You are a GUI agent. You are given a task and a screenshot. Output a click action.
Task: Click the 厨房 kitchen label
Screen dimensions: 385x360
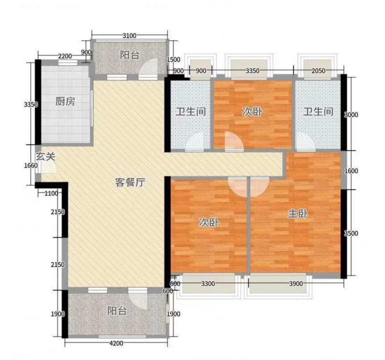coord(65,101)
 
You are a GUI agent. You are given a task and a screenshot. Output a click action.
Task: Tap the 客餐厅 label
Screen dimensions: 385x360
coord(130,182)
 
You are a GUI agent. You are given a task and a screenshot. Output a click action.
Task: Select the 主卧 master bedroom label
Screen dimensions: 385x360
coord(298,214)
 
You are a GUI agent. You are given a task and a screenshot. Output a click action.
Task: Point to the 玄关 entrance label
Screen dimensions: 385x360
coord(45,156)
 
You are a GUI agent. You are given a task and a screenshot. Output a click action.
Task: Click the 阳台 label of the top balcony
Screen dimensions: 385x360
coord(130,55)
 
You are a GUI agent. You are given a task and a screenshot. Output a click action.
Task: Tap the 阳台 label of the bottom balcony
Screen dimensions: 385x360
coord(117,311)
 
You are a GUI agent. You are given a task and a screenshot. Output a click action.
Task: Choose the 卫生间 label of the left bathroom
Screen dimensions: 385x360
coord(191,112)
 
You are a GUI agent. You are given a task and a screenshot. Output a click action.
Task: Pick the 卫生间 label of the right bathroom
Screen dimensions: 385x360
coord(318,112)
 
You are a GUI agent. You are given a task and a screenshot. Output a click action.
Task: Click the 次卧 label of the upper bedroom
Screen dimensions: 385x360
coord(252,112)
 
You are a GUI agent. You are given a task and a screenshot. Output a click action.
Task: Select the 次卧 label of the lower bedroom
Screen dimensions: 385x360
coord(209,222)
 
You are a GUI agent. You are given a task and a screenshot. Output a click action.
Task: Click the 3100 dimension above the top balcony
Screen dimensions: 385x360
coord(129,36)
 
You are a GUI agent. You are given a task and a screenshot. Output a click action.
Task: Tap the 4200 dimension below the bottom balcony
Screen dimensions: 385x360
coord(116,343)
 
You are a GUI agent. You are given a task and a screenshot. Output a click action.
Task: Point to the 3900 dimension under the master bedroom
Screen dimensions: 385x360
coord(296,284)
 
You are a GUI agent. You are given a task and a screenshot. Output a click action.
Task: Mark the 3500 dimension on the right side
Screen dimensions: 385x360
coord(351,233)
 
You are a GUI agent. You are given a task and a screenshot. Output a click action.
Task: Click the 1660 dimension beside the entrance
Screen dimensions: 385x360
coord(31,166)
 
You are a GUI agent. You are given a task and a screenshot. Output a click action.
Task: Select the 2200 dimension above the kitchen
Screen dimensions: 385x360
coord(65,56)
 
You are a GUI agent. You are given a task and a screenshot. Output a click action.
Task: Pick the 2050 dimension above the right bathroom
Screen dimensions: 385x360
coord(318,71)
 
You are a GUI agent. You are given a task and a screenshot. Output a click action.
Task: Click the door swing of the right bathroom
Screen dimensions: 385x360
coord(306,141)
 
